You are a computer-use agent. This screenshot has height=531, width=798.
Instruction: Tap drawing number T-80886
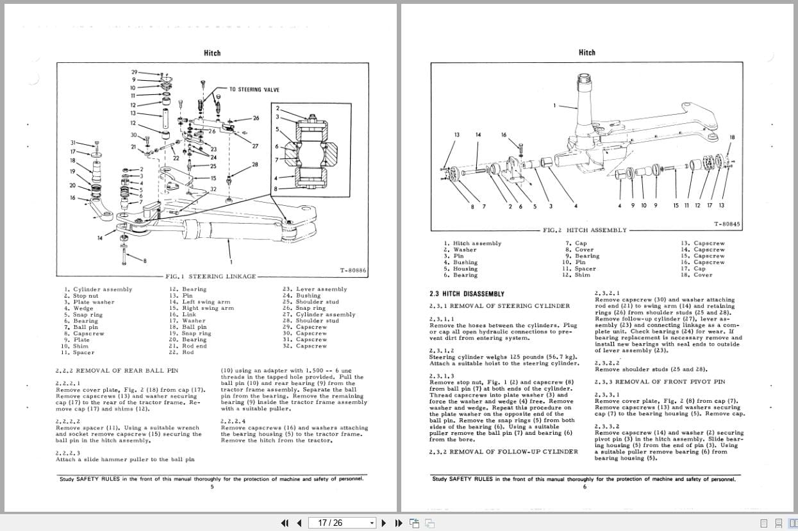(353, 271)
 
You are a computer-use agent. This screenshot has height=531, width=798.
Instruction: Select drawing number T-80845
(726, 224)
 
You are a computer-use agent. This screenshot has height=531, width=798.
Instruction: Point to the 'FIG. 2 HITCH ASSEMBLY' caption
(585, 230)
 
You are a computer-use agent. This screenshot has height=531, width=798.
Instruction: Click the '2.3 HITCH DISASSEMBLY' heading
(467, 294)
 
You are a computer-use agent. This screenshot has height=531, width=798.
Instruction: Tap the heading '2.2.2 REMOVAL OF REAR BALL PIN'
(117, 371)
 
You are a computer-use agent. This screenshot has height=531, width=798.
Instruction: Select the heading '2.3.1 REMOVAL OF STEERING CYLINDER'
(499, 306)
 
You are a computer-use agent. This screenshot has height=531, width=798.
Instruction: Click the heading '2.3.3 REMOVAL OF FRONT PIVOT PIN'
(660, 382)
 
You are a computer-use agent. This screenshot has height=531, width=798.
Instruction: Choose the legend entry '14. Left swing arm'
(199, 302)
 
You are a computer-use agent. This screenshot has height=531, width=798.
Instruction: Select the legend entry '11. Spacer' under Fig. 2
(579, 269)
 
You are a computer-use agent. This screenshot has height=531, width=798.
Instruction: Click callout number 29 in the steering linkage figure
(135, 72)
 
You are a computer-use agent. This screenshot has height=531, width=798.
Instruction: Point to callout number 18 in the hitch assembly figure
(733, 137)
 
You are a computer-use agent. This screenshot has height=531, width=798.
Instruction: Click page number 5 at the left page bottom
(212, 486)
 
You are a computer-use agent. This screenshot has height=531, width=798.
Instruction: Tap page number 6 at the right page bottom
(585, 486)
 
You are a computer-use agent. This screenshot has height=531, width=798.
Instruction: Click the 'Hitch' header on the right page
(586, 53)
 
